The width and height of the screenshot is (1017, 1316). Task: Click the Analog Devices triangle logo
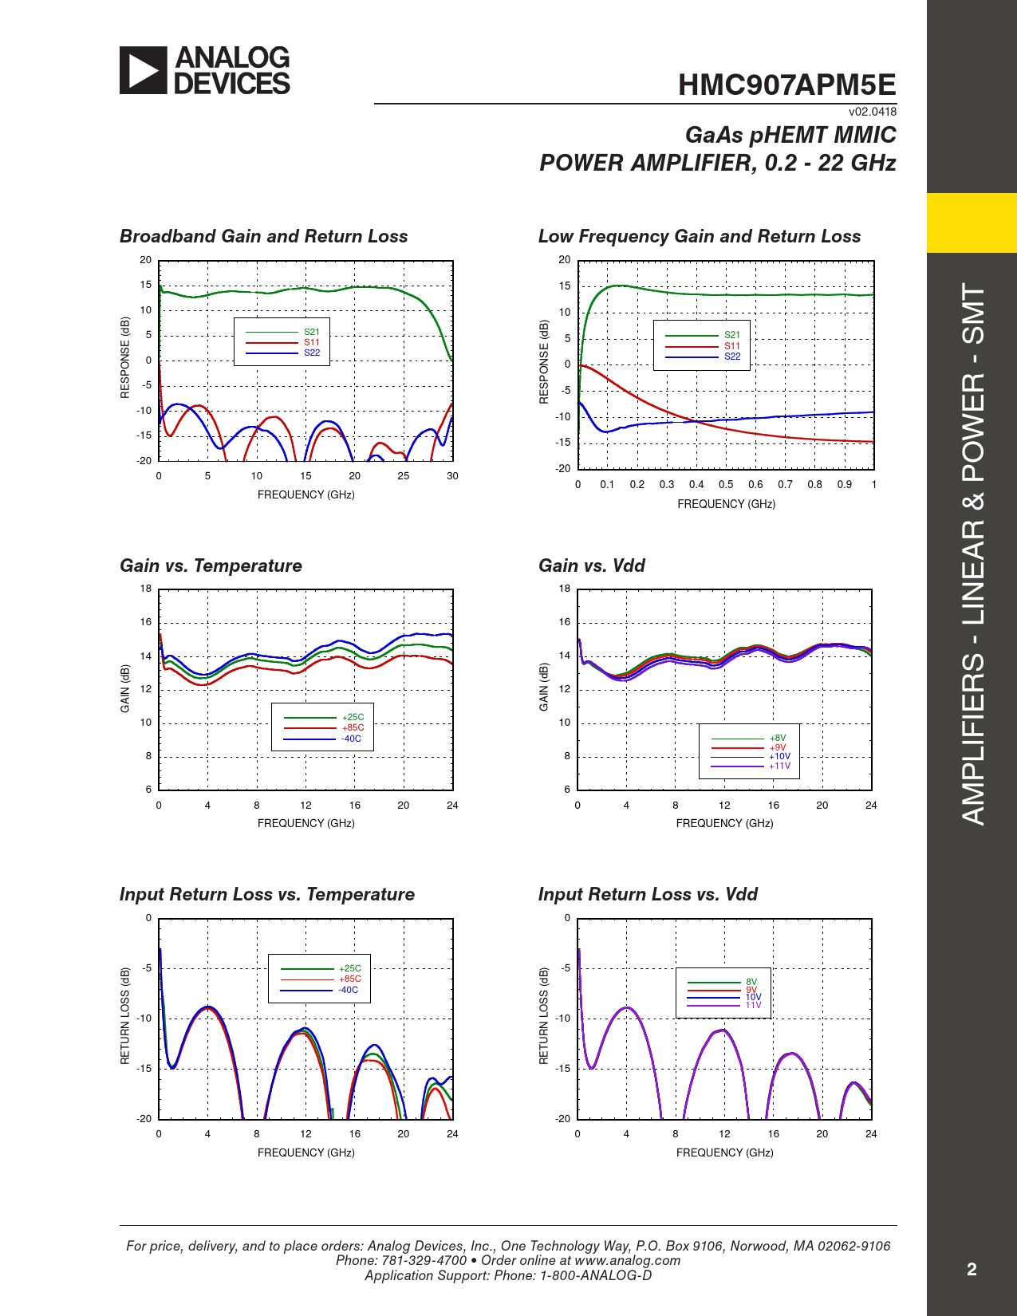coord(144,70)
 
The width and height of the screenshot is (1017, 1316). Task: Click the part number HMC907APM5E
coord(786,85)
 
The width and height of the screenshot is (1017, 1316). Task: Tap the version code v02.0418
coord(872,112)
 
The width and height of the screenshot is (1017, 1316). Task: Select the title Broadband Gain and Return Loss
coord(263,236)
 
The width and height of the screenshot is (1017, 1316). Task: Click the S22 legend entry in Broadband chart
coord(311,353)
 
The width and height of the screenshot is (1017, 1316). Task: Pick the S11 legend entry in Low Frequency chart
coord(731,346)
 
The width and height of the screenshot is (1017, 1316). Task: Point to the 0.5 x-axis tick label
coord(726,484)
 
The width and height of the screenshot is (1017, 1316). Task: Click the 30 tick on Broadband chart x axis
coord(452,475)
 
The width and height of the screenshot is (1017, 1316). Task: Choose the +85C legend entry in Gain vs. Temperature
coord(353,727)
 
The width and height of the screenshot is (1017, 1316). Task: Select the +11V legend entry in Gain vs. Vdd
coord(779,766)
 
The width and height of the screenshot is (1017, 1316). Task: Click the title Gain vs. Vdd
coord(591,565)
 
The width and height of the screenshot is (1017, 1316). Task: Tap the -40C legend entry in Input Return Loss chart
coord(349,990)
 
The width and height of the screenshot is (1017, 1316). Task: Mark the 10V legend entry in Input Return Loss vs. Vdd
coord(753,997)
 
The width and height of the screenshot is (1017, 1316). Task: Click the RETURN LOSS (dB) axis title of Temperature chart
coord(125,1016)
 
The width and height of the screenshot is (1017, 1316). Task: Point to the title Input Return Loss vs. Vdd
coord(648,894)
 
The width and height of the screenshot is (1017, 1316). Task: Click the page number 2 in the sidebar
coord(972,1270)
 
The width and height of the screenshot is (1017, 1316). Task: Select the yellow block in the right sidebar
coord(972,223)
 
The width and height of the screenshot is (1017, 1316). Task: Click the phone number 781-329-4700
coord(424,1260)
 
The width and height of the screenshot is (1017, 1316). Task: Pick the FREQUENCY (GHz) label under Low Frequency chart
coord(726,504)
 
